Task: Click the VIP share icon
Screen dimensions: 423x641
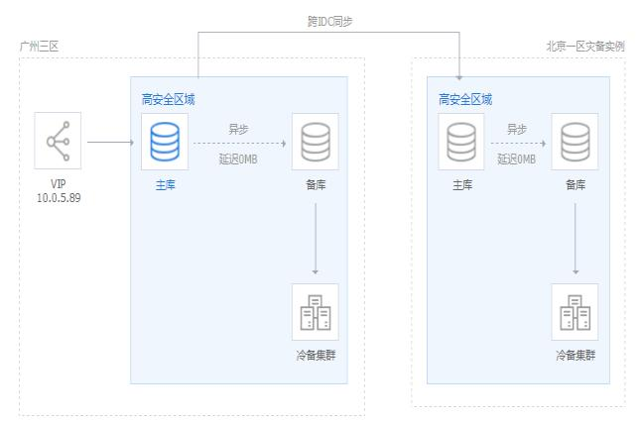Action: (x=58, y=143)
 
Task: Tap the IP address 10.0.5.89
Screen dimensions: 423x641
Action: (x=58, y=200)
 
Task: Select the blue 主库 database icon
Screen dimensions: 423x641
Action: (x=164, y=141)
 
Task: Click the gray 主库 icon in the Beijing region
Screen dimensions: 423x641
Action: (x=461, y=142)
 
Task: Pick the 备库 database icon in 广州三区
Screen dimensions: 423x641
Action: (x=315, y=141)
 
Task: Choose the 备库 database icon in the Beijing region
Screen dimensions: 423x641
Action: (x=575, y=142)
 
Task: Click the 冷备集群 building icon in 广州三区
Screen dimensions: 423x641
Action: (x=315, y=312)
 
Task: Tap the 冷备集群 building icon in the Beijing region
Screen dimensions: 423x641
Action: (x=575, y=312)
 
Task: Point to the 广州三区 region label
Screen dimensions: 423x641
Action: (x=39, y=47)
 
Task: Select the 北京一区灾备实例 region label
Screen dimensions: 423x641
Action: (x=584, y=47)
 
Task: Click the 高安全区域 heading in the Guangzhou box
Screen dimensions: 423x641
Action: (x=168, y=99)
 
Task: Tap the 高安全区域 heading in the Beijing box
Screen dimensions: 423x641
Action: (x=465, y=99)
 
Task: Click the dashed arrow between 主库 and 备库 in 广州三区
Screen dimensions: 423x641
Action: (x=239, y=143)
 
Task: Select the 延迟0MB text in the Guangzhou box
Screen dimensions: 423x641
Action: (x=239, y=159)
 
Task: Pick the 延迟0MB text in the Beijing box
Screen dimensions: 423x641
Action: (x=516, y=159)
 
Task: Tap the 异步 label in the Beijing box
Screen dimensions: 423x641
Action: (x=516, y=129)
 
